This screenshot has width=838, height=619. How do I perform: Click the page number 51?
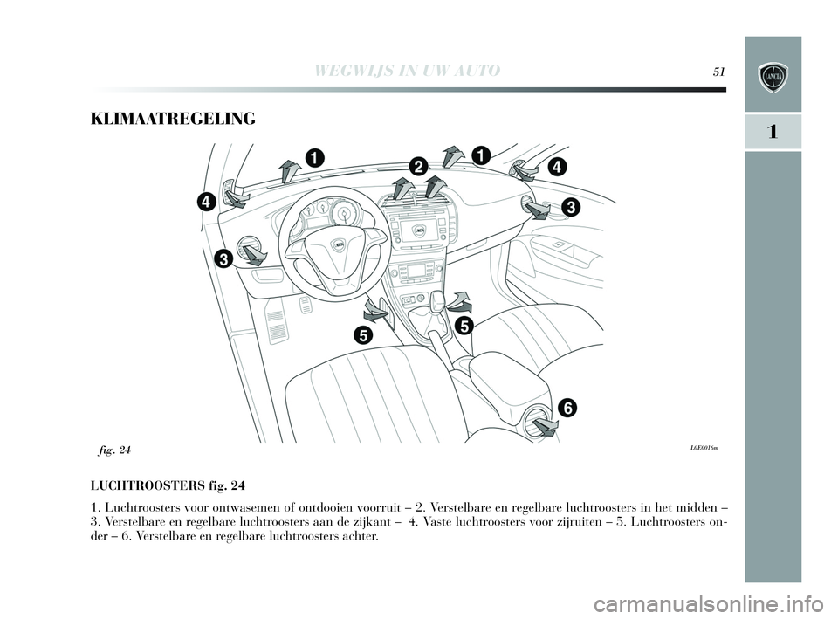tap(721, 72)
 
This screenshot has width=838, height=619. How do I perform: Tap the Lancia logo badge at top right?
tap(773, 78)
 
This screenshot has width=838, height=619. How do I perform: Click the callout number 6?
tap(567, 408)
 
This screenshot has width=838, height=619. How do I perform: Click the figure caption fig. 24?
tap(114, 450)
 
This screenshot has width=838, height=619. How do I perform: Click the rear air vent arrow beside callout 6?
tap(546, 426)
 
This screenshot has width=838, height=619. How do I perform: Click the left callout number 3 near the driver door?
tap(224, 259)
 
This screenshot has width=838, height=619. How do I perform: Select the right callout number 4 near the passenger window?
tap(558, 165)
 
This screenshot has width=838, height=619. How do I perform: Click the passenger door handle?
tap(557, 245)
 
